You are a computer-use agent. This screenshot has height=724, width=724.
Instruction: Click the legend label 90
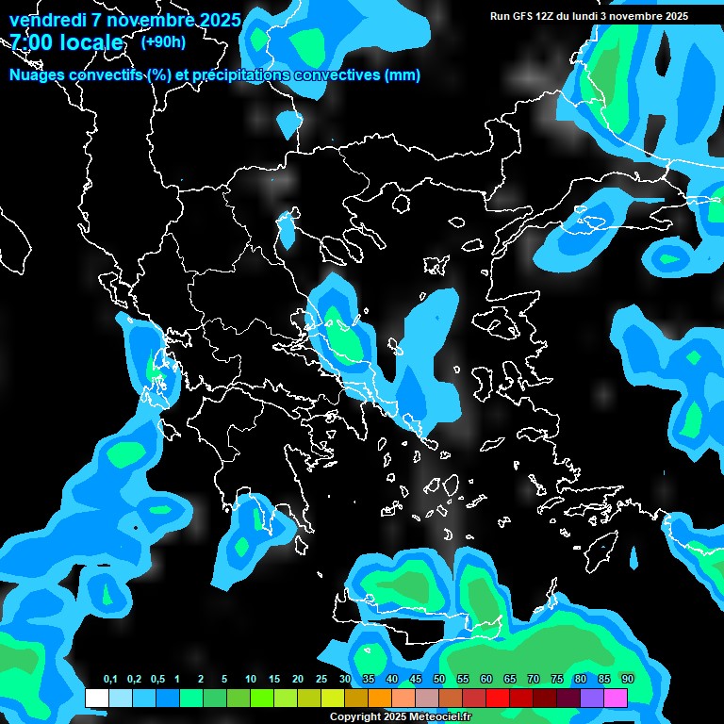pos(627,679)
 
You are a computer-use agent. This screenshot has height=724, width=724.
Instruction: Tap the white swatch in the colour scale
pos(96,698)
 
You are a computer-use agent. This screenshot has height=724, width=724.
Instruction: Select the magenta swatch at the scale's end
pos(616,698)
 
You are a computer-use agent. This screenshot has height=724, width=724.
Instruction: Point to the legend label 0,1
pos(110,679)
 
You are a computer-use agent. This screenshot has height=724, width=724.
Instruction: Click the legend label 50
pos(439,679)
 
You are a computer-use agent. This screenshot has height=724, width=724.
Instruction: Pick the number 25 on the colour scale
pos(321,679)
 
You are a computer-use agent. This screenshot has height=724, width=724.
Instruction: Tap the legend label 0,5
pos(156,679)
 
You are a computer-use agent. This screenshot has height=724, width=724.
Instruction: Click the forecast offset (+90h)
pos(163,42)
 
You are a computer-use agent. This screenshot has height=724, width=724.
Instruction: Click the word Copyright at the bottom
pos(355,716)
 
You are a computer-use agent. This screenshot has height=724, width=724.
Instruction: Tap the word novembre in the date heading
pos(145,20)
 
